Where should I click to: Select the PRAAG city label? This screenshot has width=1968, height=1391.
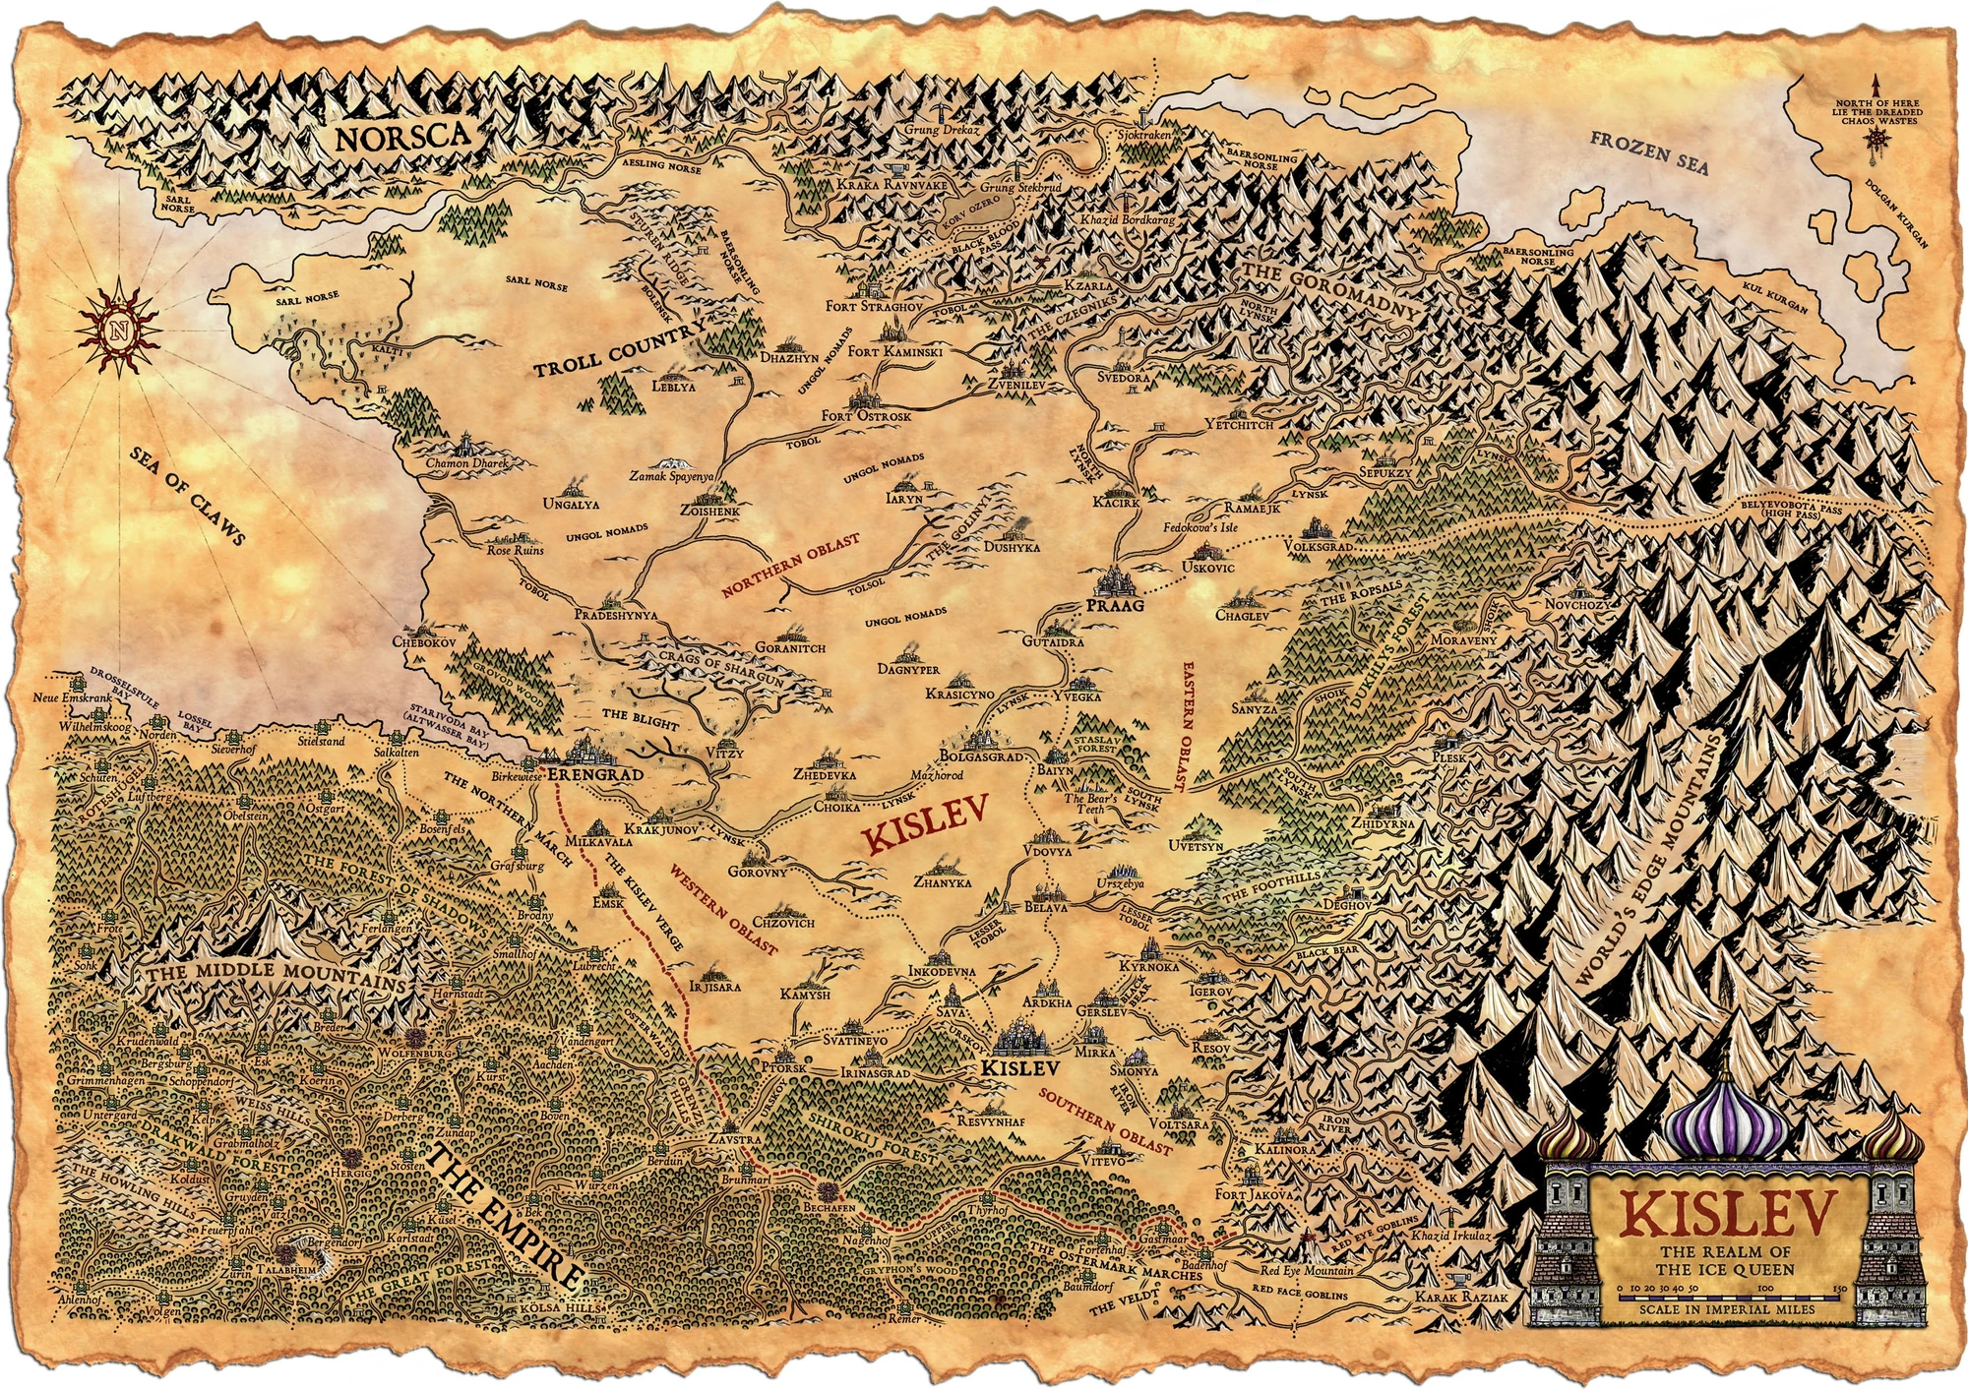click(x=1116, y=605)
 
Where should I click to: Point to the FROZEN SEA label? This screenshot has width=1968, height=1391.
click(x=1649, y=152)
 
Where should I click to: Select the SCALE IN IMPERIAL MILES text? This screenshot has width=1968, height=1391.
click(x=1727, y=1309)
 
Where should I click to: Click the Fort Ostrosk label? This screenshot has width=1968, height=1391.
click(x=866, y=416)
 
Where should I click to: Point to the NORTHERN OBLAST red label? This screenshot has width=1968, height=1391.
click(x=790, y=567)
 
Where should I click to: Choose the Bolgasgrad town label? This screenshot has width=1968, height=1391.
click(x=981, y=756)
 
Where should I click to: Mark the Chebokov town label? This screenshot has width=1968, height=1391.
click(x=424, y=641)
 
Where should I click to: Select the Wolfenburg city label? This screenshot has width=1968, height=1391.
click(x=415, y=1053)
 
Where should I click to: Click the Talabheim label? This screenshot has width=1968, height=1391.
click(x=286, y=1270)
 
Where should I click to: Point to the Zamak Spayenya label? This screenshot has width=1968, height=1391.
click(x=671, y=476)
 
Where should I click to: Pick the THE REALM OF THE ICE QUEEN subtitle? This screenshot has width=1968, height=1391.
click(x=1726, y=1260)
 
